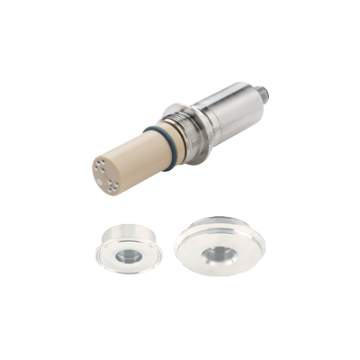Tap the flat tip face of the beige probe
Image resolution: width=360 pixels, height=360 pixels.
click(x=106, y=173)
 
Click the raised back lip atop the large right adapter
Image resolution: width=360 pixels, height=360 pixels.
click(x=222, y=220)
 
